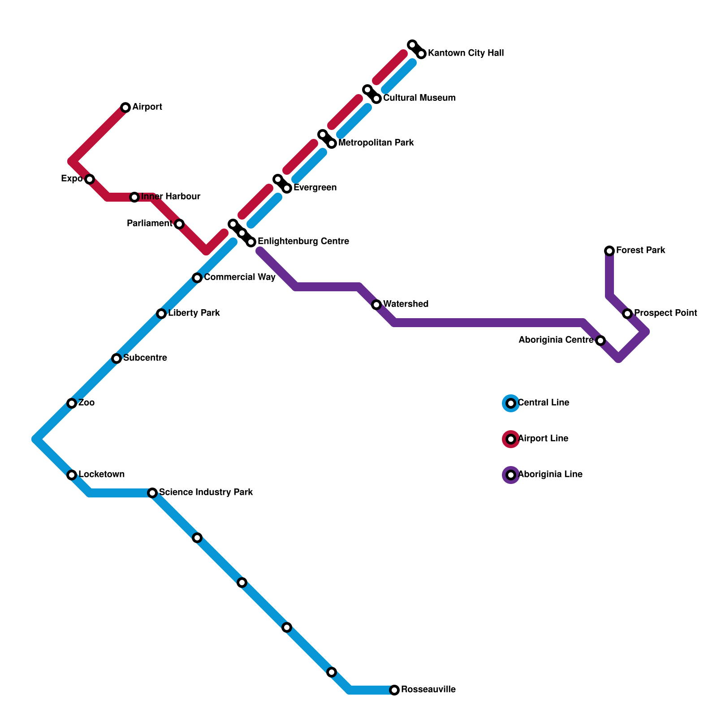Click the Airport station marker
(125, 108)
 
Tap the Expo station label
(72, 179)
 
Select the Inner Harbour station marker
(134, 197)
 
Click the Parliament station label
(149, 223)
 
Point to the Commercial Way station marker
(197, 278)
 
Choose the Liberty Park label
(194, 313)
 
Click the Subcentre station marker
(117, 358)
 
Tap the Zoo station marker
(72, 403)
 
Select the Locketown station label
(102, 474)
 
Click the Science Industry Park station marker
(152, 493)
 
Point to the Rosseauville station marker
(394, 690)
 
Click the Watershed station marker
(376, 305)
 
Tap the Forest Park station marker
(609, 251)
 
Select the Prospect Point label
(665, 313)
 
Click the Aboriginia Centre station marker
(600, 341)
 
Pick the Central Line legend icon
(511, 403)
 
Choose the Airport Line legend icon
(511, 439)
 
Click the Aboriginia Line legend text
(550, 474)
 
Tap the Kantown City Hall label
(466, 53)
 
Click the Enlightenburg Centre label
(303, 241)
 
